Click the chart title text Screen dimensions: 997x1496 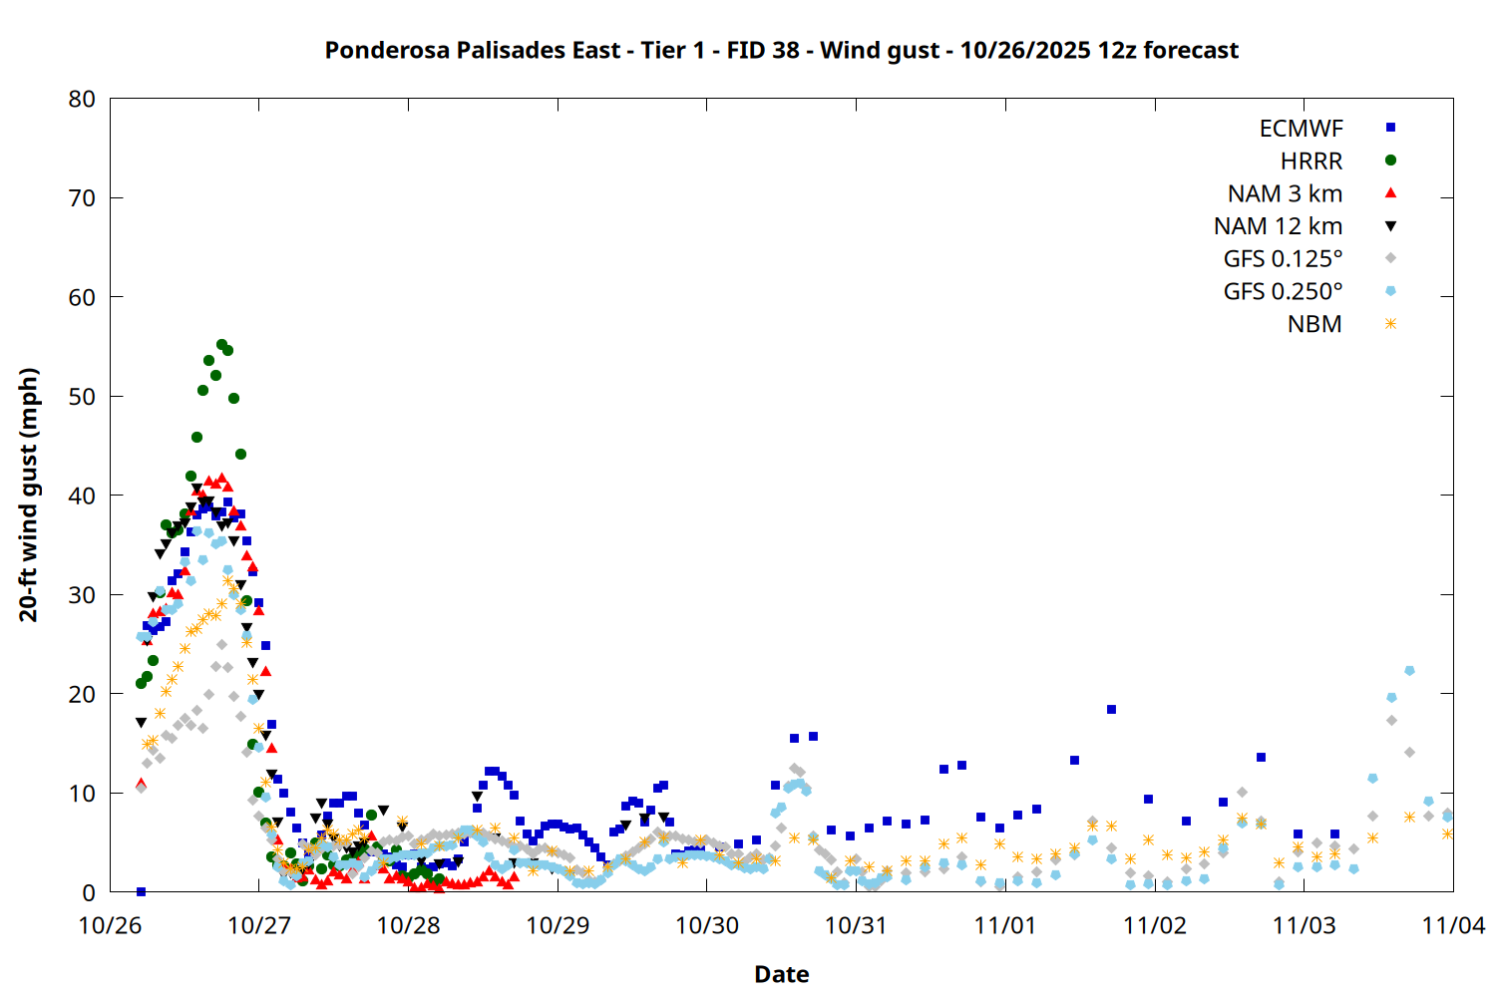point(781,51)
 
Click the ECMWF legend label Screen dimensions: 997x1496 point(1301,129)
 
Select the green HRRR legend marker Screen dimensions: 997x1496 point(1390,161)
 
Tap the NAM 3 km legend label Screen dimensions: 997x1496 point(1285,193)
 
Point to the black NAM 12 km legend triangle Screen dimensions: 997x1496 point(1390,226)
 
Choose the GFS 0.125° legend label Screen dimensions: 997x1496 point(1283,259)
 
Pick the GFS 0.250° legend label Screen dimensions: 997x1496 point(1283,292)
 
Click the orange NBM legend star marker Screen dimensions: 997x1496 point(1390,324)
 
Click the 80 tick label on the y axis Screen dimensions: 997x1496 point(83,99)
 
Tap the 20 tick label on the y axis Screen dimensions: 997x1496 point(83,694)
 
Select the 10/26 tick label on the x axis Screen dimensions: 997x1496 point(110,925)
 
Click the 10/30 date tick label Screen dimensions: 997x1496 point(707,925)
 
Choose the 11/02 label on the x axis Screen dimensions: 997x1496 point(1155,925)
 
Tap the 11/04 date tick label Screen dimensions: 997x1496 point(1453,925)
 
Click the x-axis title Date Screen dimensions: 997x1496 point(781,974)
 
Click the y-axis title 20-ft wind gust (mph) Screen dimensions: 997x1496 point(29,495)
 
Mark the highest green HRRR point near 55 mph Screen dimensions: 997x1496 point(221,344)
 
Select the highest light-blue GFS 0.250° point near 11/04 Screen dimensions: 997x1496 point(1409,671)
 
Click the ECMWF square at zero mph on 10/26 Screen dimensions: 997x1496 point(141,891)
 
